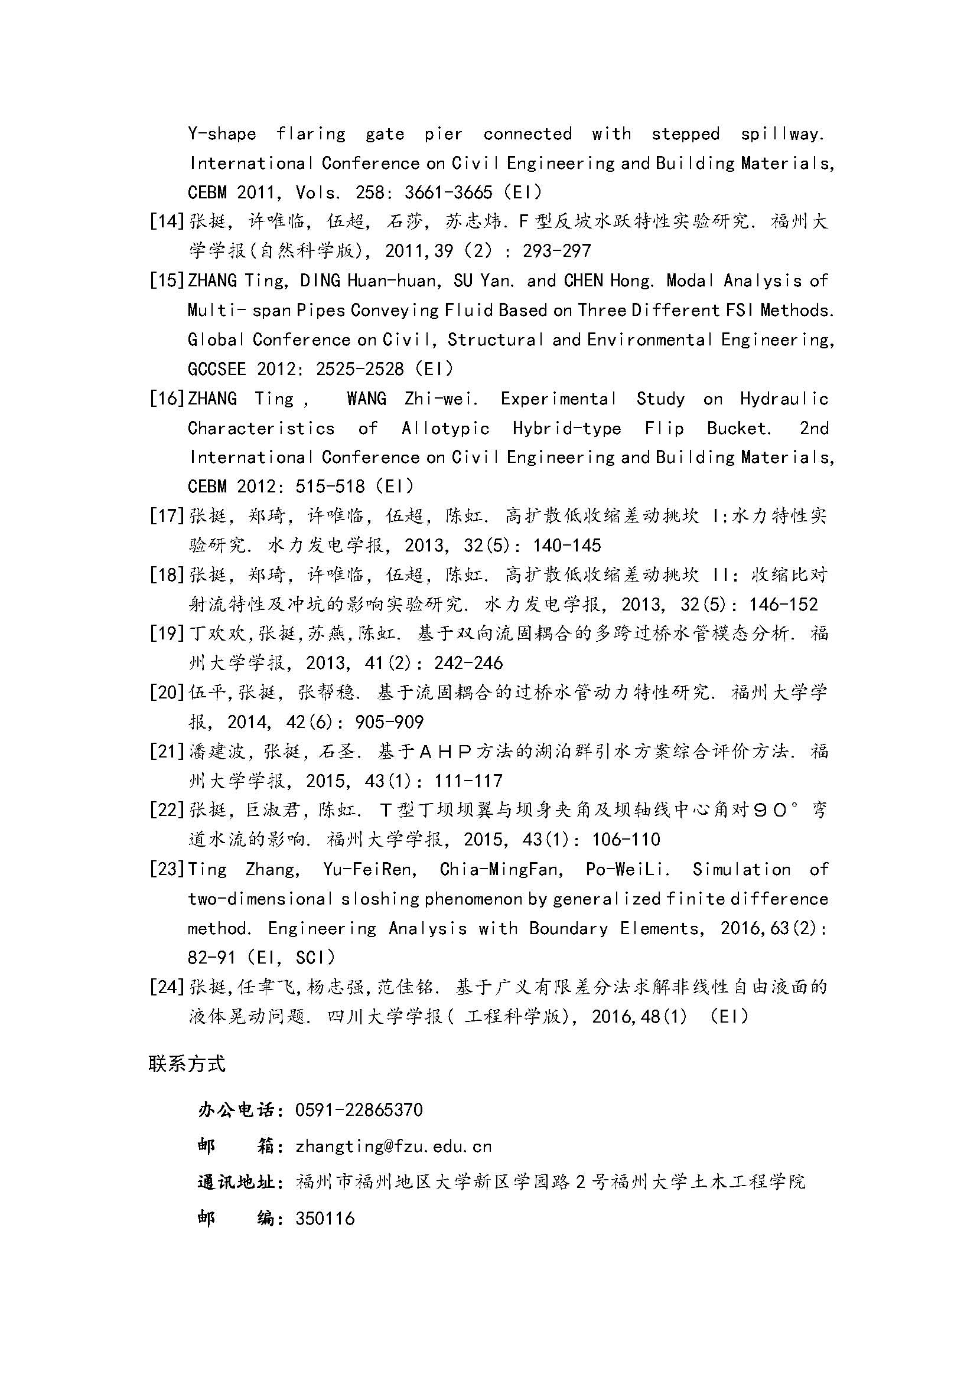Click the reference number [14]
pos(167,221)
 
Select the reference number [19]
pos(167,634)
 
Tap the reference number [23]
pos(167,869)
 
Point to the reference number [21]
pos(167,751)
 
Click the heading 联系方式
pos(187,1064)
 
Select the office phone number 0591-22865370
pos(359,1110)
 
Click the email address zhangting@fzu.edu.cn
pos(393,1147)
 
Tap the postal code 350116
pos(325,1219)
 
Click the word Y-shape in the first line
pos(222,133)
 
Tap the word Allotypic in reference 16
pos(446,428)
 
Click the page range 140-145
pos(566,546)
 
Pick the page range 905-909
pos(389,721)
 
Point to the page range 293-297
pos(557,251)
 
